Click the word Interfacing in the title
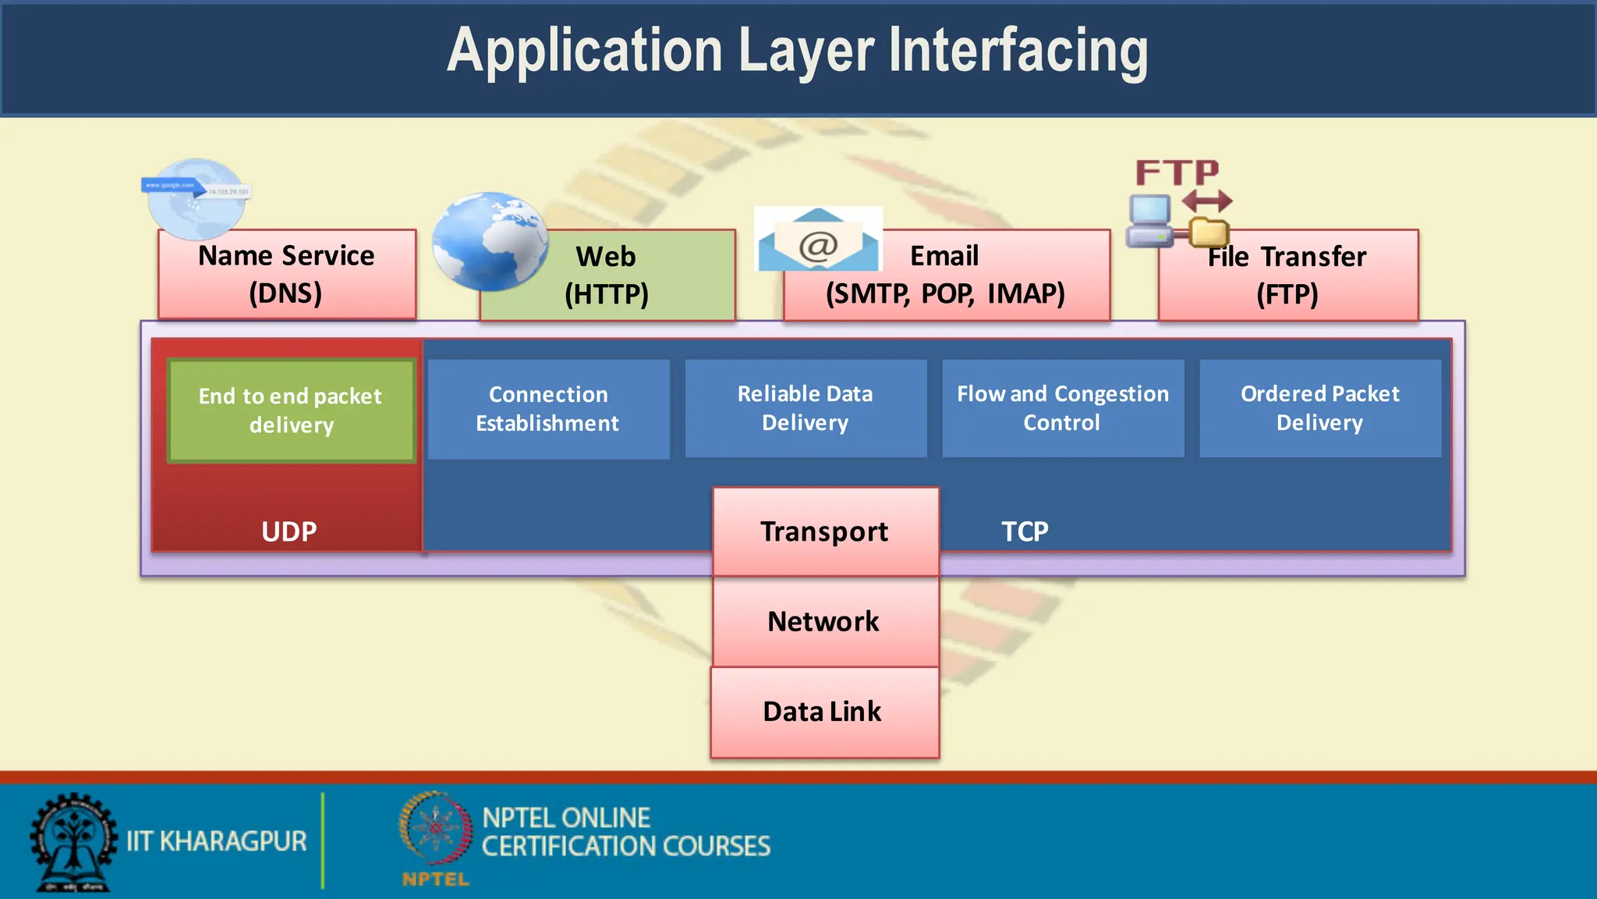[x=1018, y=51]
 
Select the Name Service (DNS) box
[x=286, y=274]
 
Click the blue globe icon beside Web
[x=490, y=240]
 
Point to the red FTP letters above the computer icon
[x=1177, y=172]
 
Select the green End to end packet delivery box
[x=291, y=410]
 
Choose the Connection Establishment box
[x=548, y=409]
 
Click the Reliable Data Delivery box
[x=806, y=408]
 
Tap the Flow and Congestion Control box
[x=1063, y=408]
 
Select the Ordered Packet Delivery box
[x=1320, y=408]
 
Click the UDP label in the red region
[x=289, y=531]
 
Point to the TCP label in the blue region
[x=1025, y=531]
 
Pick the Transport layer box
[x=825, y=531]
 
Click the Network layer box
[x=824, y=622]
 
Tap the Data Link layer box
[x=824, y=712]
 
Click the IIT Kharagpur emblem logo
[x=73, y=841]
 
